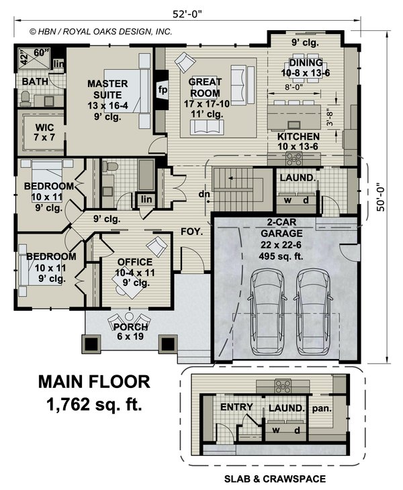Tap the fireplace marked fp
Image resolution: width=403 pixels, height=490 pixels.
[162, 89]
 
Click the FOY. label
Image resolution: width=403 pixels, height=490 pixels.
[192, 232]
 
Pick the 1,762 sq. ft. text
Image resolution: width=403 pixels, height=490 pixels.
[94, 404]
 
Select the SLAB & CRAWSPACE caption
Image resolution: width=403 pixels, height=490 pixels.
[275, 479]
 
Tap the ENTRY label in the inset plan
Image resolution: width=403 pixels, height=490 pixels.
[236, 407]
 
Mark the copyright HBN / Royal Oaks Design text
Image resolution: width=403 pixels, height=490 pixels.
[101, 32]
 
